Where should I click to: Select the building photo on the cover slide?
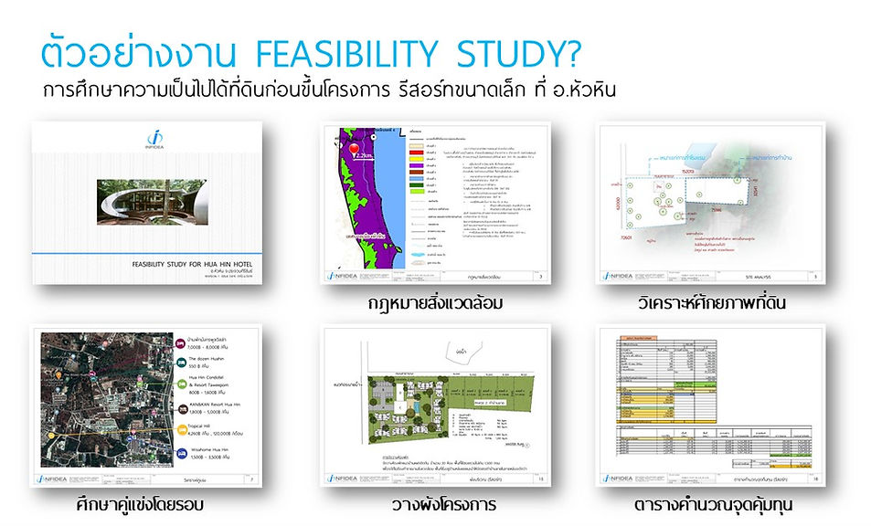[151, 201]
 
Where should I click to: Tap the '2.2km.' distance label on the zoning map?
[370, 157]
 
